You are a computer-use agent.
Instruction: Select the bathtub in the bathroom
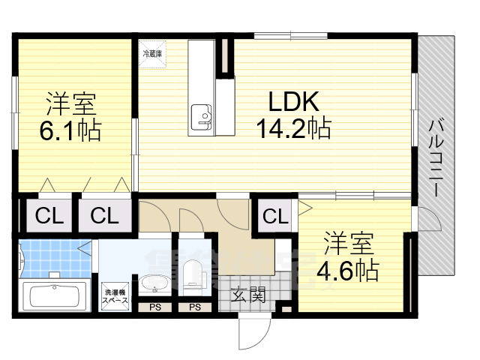58,295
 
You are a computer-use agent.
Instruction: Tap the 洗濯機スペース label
115,295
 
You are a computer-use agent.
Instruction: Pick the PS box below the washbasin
154,307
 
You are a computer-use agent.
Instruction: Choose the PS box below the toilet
194,307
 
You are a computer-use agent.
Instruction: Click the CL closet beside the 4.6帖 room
275,217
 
